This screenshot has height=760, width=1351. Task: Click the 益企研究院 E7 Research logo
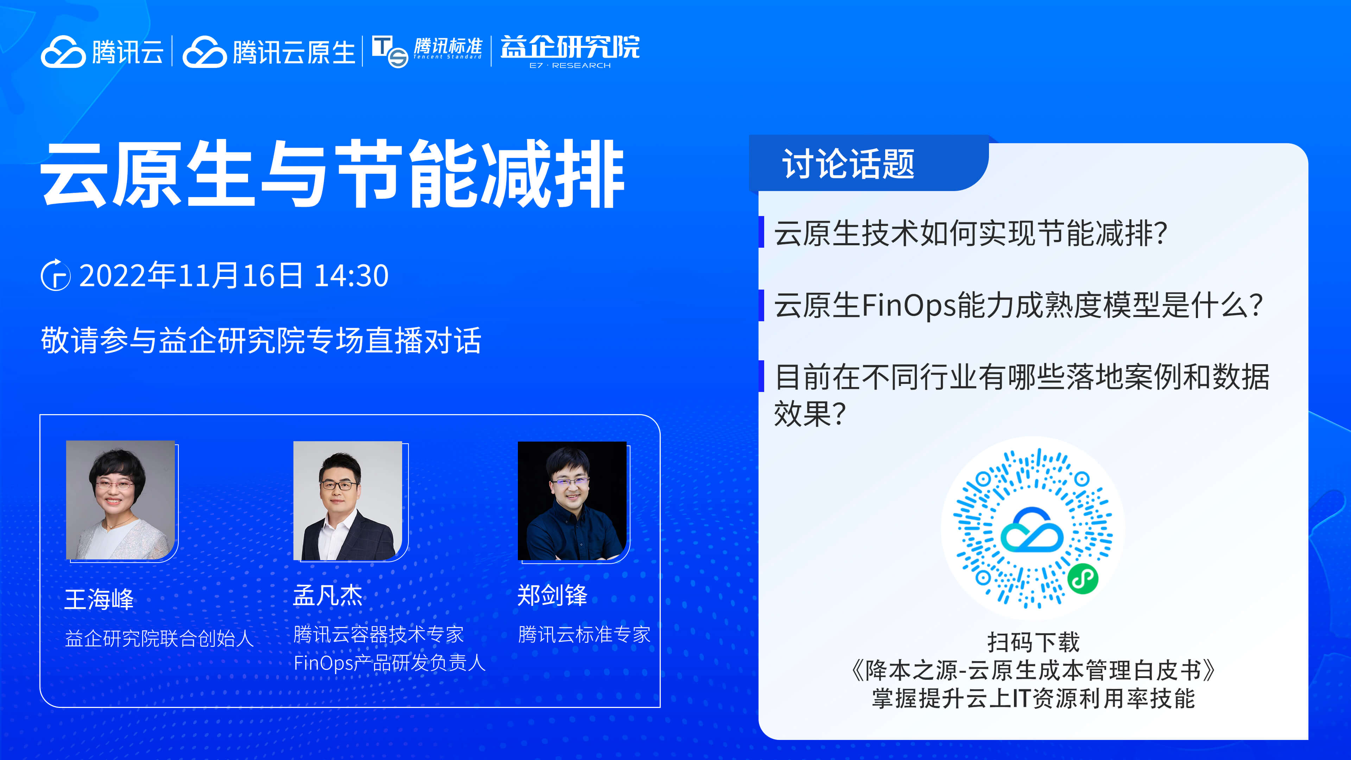(570, 51)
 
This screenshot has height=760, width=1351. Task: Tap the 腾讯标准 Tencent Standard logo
(427, 51)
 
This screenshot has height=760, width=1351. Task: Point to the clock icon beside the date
(56, 275)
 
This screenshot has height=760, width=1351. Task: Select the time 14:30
(351, 275)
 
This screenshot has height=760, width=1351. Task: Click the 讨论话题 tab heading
(848, 164)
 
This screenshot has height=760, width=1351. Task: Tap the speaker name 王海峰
(99, 599)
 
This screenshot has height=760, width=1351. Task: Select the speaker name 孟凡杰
(328, 595)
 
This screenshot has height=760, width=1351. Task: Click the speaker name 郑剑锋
(552, 595)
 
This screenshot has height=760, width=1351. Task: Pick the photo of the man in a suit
(348, 501)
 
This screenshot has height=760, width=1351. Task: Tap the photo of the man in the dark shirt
(572, 501)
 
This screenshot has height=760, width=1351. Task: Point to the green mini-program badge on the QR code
(1083, 579)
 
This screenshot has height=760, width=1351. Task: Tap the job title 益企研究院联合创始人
(159, 638)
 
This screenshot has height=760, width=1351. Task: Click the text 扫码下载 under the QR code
(1034, 641)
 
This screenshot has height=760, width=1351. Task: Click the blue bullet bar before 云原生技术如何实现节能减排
(761, 232)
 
